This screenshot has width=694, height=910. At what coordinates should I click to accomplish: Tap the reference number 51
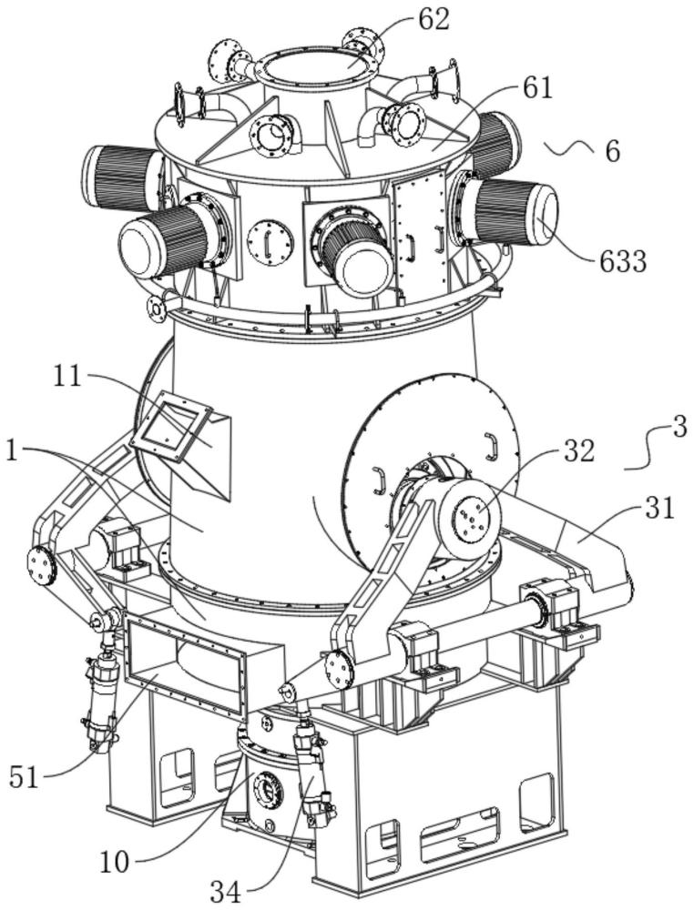[x=25, y=775]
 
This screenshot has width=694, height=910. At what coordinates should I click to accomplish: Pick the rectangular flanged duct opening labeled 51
[x=184, y=665]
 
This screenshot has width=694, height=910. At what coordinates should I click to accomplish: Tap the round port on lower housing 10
[x=267, y=791]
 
